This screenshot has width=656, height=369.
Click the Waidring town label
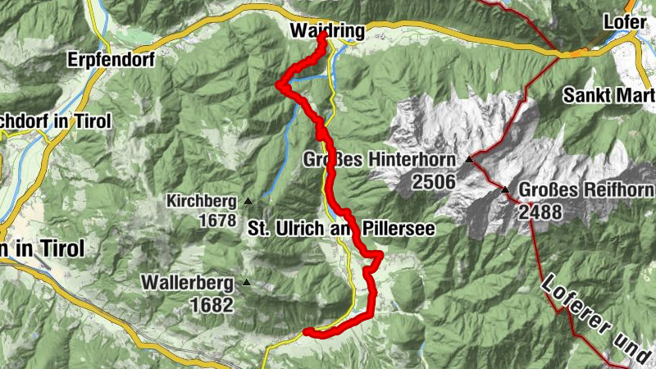(327, 31)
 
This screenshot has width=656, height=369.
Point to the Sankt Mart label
(608, 95)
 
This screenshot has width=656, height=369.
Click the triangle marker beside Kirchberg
(246, 200)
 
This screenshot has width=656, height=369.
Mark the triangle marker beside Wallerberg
(245, 283)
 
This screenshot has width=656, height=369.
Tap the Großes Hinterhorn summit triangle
(470, 159)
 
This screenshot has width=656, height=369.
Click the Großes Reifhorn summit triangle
(505, 190)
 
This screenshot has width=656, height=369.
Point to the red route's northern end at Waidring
(322, 36)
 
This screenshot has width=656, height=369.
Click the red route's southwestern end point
(307, 332)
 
